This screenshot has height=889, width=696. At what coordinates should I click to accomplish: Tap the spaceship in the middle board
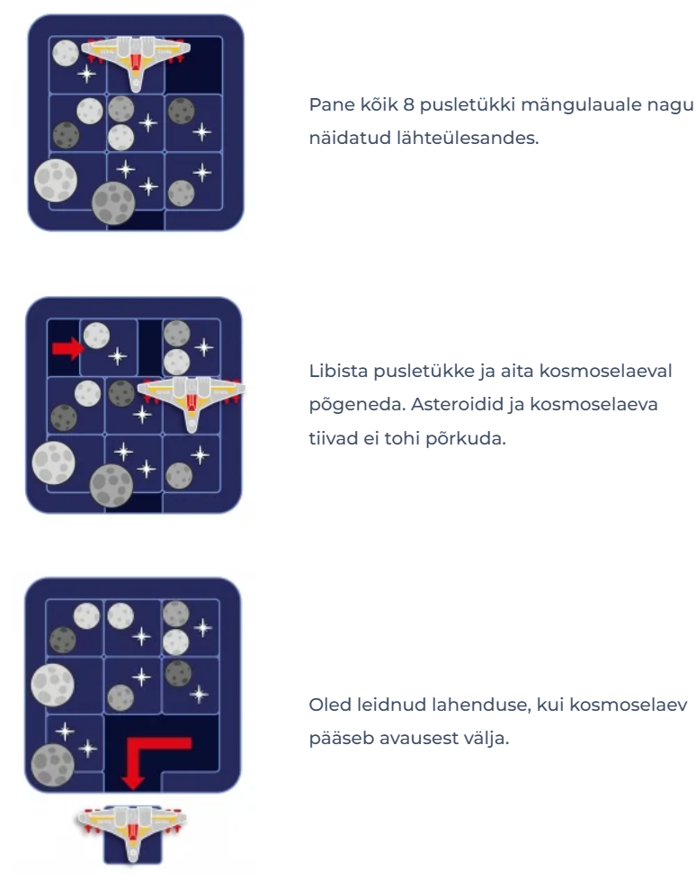192,400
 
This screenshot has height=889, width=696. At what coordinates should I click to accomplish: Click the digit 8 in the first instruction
408,104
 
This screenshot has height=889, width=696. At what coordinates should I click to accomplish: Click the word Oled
330,705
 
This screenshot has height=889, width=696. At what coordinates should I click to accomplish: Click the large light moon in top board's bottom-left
56,180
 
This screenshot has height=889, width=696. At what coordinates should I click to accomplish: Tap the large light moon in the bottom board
53,685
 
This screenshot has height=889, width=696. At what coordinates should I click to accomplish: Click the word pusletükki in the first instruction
465,105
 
